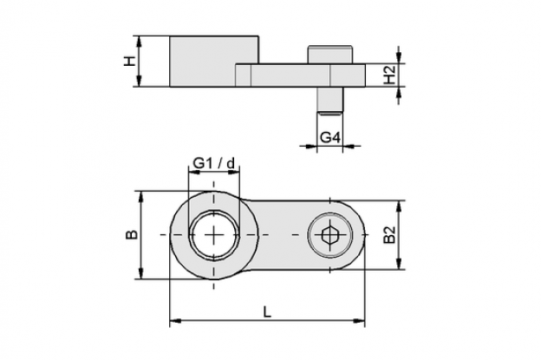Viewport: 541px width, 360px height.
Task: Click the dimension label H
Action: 129,62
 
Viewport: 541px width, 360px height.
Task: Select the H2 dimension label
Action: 390,75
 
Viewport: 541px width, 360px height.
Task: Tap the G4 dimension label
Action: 330,138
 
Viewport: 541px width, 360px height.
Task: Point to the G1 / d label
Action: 214,162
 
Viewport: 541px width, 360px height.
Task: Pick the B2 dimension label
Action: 389,235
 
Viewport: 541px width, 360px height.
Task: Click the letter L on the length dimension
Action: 267,312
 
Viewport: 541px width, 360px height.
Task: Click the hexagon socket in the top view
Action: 330,235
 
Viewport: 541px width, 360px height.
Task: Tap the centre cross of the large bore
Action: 214,235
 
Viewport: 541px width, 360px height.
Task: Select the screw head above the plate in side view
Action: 330,55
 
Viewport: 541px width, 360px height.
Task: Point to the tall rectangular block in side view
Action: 214,61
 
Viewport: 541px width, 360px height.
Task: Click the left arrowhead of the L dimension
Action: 175,321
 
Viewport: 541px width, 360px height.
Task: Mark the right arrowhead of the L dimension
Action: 359,321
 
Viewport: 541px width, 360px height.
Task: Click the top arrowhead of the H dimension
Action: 140,41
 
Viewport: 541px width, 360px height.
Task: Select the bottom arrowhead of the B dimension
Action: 140,273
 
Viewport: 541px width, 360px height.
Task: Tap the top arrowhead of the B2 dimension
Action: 399,206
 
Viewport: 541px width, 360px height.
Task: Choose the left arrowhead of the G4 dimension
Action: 311,147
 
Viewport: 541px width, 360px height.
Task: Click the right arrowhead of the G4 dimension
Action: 349,147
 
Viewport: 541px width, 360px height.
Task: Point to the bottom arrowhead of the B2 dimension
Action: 399,264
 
